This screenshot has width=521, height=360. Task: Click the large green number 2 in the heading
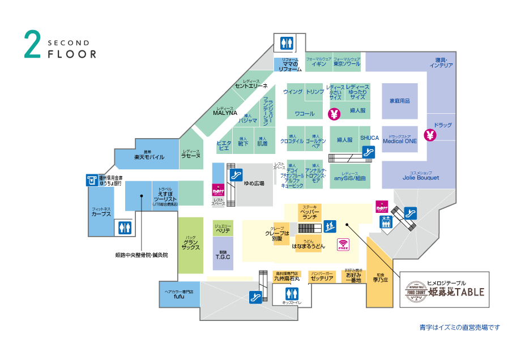(32, 45)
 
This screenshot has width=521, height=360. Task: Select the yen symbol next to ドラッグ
(430, 135)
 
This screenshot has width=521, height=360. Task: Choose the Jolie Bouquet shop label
(421, 177)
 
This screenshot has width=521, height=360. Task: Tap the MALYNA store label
(224, 112)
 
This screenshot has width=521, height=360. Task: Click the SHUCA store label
(369, 138)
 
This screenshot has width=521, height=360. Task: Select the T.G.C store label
(223, 255)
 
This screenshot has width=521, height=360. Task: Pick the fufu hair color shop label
(179, 295)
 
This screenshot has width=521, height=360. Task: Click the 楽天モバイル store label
(149, 156)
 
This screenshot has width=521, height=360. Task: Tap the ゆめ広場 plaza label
(254, 183)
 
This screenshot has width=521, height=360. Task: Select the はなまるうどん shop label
(309, 246)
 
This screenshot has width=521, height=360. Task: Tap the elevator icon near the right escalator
(386, 222)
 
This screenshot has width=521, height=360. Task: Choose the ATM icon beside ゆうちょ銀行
(91, 180)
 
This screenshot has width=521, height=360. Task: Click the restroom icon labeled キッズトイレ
(292, 294)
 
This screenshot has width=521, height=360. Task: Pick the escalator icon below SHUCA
(368, 152)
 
